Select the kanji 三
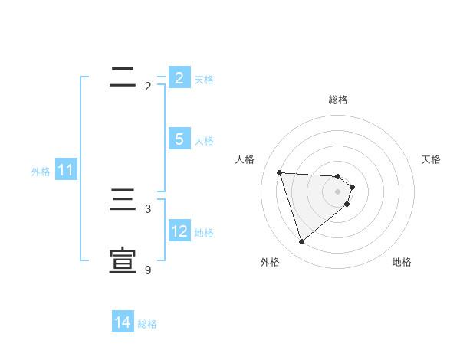pyautogui.click(x=123, y=200)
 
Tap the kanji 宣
pyautogui.click(x=123, y=261)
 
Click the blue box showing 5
pyautogui.click(x=179, y=139)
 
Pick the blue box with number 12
pyautogui.click(x=179, y=231)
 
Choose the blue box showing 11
pyautogui.click(x=65, y=171)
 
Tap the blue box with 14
pyautogui.click(x=123, y=322)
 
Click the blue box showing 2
pyautogui.click(x=179, y=78)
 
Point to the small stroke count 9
pyautogui.click(x=148, y=270)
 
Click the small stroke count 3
pyautogui.click(x=148, y=208)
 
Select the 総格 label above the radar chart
pyautogui.click(x=338, y=100)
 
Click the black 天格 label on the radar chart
pyautogui.click(x=431, y=159)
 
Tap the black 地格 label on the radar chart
pyautogui.click(x=402, y=263)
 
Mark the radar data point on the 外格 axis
pyautogui.click(x=301, y=242)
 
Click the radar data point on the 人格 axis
pyautogui.click(x=279, y=172)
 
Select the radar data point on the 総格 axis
pyautogui.click(x=338, y=177)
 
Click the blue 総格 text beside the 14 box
pyautogui.click(x=147, y=324)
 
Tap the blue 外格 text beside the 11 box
pyautogui.click(x=41, y=172)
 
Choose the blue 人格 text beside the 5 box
pyautogui.click(x=204, y=141)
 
